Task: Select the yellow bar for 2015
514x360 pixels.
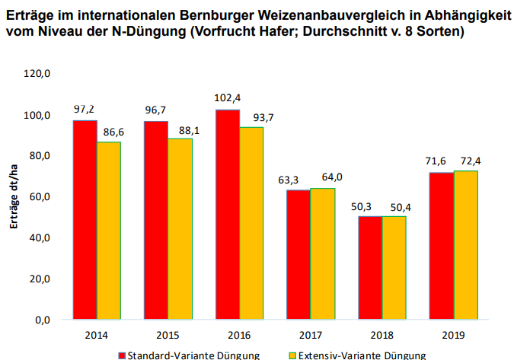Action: (180, 228)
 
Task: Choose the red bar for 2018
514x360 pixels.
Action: (370, 267)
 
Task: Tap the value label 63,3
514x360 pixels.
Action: (299, 180)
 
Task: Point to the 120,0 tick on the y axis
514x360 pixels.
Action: (37, 74)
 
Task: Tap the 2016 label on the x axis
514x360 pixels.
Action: (240, 334)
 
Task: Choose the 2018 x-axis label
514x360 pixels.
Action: (382, 334)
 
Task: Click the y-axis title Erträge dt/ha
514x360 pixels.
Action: (14, 197)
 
